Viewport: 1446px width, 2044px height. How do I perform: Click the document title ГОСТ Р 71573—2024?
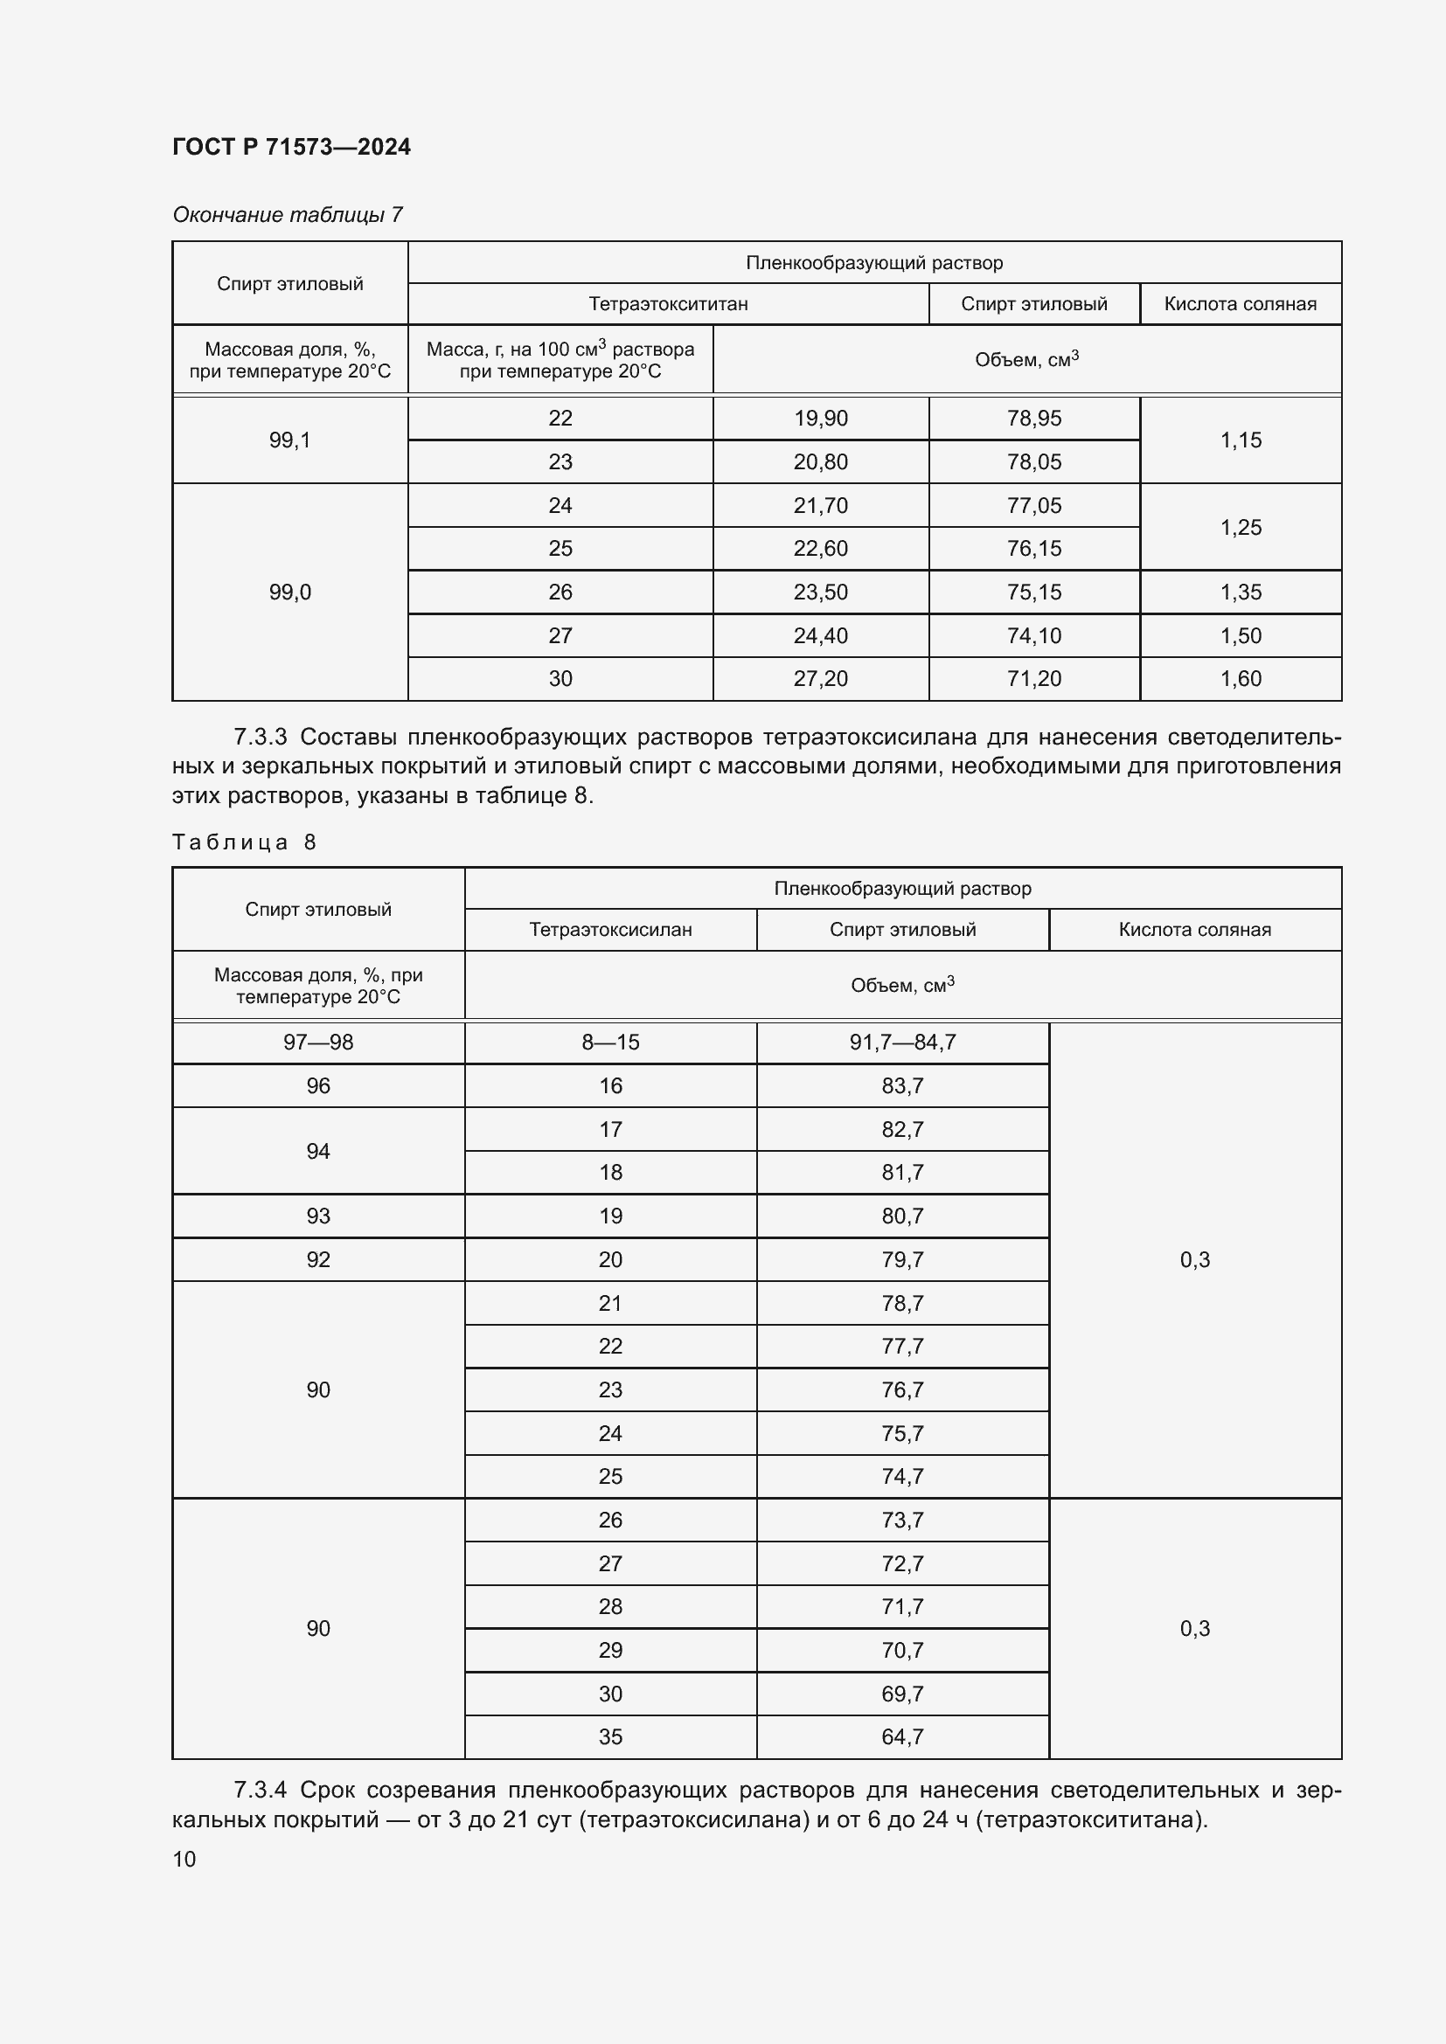click(x=291, y=147)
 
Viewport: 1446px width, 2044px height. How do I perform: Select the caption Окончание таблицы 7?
click(x=287, y=215)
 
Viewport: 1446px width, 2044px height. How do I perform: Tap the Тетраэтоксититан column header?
click(x=668, y=303)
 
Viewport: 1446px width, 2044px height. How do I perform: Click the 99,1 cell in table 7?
click(x=289, y=440)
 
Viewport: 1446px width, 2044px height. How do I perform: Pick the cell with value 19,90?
click(x=820, y=418)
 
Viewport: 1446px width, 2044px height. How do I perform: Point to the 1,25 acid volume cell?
click(x=1241, y=527)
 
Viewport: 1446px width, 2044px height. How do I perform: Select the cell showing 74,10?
click(x=1033, y=635)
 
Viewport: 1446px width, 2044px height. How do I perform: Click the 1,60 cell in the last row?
click(x=1241, y=678)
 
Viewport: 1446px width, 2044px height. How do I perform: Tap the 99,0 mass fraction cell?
click(x=289, y=592)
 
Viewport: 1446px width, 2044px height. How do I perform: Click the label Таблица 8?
click(x=244, y=842)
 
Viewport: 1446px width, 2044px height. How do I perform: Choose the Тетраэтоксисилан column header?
click(x=610, y=930)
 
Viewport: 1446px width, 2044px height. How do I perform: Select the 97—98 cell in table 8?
click(x=318, y=1042)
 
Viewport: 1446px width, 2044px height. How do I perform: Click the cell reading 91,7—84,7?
click(x=902, y=1042)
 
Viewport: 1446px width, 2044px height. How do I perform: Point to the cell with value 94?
click(x=318, y=1151)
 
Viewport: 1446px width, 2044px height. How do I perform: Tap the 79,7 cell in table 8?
click(x=902, y=1260)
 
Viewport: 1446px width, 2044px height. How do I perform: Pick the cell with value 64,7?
click(x=902, y=1737)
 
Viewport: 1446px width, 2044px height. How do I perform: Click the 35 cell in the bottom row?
click(x=610, y=1737)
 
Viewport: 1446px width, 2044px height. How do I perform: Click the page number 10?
click(x=184, y=1859)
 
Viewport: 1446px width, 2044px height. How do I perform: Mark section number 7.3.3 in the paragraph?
click(x=260, y=738)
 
